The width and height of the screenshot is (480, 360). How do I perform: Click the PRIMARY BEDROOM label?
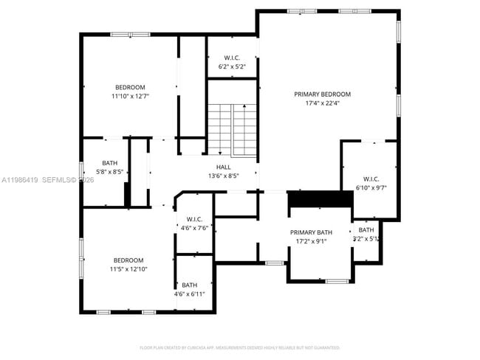(322, 94)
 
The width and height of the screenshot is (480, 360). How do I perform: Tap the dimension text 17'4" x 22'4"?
(322, 103)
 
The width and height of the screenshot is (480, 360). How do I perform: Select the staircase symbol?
(231, 129)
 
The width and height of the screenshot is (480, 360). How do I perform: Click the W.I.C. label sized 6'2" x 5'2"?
(231, 58)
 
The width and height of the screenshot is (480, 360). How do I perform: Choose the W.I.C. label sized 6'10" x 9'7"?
(370, 179)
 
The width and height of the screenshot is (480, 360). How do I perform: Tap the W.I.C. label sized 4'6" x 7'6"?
(194, 219)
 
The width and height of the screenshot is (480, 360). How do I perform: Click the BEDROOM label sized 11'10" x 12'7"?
(130, 87)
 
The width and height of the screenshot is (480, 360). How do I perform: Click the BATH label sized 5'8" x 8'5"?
(110, 163)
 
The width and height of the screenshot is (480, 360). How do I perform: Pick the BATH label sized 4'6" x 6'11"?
(190, 285)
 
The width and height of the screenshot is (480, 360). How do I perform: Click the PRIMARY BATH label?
(310, 232)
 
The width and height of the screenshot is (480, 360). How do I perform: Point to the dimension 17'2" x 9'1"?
(310, 241)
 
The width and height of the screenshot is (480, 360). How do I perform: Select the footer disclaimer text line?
(239, 347)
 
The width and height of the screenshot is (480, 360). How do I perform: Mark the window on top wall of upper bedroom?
(130, 35)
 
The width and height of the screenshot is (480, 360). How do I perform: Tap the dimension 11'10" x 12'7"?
(130, 96)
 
